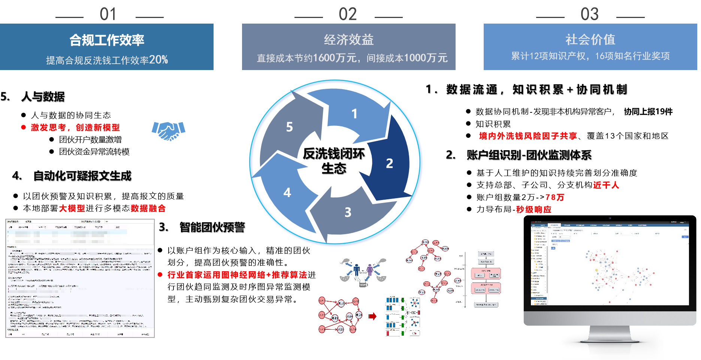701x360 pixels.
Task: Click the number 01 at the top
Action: [108, 14]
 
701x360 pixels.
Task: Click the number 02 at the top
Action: [348, 14]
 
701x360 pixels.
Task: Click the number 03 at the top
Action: [589, 14]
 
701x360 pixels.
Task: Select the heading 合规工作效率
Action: [107, 40]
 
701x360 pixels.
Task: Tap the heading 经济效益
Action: [348, 40]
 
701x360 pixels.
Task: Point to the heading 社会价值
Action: [590, 39]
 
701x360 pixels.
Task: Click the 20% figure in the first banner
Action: [158, 60]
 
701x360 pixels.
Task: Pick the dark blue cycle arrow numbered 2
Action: [390, 163]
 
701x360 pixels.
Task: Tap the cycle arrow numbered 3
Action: [348, 212]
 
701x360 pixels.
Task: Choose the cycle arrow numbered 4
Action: [287, 193]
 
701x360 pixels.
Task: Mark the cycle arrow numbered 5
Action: [289, 127]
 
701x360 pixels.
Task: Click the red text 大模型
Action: [72, 208]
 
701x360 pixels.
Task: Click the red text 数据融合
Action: [148, 208]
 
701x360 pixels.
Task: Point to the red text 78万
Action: [555, 197]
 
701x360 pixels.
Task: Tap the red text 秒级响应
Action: [534, 209]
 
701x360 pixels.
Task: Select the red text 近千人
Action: [606, 185]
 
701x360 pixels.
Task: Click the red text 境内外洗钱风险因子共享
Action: [528, 136]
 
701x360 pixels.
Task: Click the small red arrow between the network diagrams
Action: [372, 317]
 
